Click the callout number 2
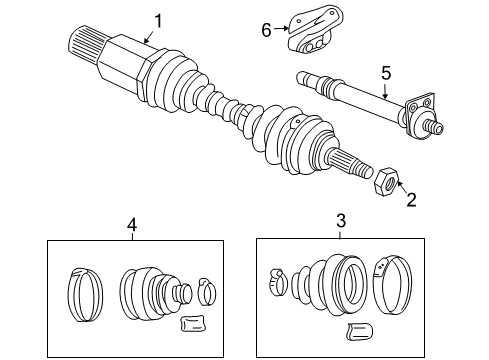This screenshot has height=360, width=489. [408, 199]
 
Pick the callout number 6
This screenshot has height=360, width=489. [267, 30]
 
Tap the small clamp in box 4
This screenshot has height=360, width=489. [206, 290]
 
